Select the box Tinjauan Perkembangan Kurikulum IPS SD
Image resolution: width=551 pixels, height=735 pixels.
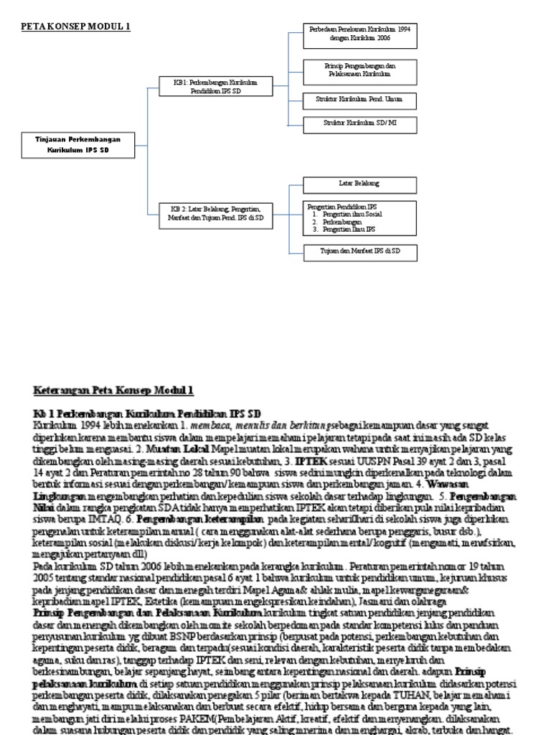point(78,144)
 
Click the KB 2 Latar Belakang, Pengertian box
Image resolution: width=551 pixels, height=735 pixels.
point(216,216)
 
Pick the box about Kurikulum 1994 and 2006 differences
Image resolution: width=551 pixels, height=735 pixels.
point(359,35)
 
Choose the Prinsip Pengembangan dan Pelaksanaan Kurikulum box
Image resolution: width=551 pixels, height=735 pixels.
point(359,70)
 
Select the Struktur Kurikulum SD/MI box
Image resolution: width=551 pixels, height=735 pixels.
point(359,124)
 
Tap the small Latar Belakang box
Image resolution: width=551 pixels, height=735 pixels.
point(359,184)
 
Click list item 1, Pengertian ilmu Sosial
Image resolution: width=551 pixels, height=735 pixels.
point(352,214)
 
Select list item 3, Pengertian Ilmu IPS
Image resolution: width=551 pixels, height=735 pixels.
point(349,229)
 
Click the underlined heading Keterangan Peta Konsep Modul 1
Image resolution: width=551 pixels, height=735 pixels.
point(113,390)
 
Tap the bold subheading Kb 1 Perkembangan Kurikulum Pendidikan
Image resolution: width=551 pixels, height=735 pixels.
point(147,414)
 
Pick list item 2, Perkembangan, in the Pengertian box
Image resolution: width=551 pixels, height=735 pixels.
point(342,222)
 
